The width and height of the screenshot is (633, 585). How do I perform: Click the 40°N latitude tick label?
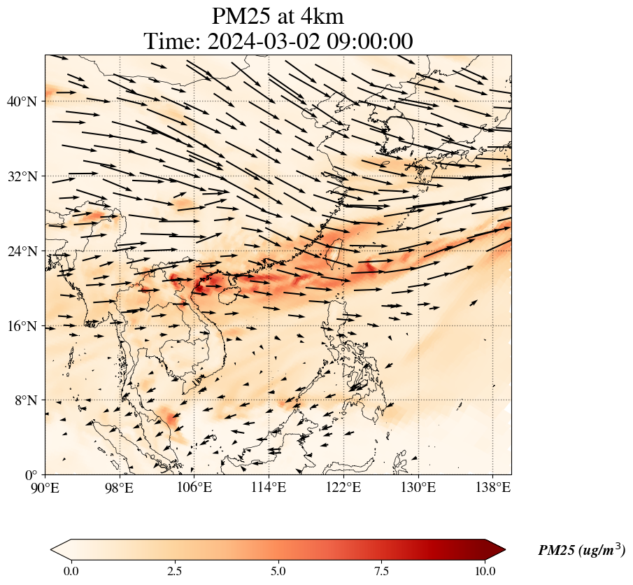point(22,101)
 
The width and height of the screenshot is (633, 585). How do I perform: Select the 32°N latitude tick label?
point(22,176)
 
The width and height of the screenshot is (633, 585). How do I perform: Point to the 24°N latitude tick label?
point(22,251)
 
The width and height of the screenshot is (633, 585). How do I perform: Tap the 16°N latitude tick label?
point(22,326)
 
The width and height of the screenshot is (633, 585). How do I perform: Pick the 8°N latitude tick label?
point(25,400)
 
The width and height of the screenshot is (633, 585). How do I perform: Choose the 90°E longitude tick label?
point(45,487)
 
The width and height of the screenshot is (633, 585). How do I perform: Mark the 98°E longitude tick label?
point(120,487)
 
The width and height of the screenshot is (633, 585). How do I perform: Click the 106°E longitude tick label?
point(194,487)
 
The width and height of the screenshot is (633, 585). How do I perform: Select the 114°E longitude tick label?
point(269,487)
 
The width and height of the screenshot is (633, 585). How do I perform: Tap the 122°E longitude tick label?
point(343,487)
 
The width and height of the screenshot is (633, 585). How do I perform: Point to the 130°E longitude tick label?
point(418,487)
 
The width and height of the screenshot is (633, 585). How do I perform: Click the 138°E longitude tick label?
point(492,487)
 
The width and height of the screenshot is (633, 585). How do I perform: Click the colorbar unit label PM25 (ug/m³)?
point(581,551)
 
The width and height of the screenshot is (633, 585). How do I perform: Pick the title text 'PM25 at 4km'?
point(278,16)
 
